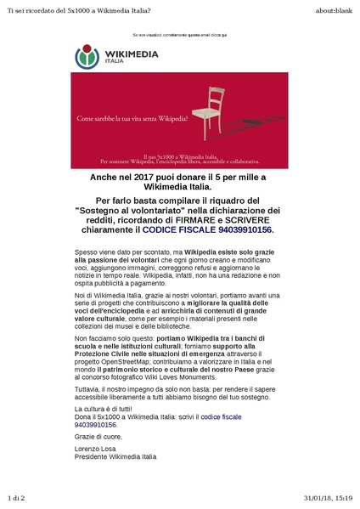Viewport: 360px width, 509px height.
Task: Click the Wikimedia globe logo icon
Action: tap(87, 57)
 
